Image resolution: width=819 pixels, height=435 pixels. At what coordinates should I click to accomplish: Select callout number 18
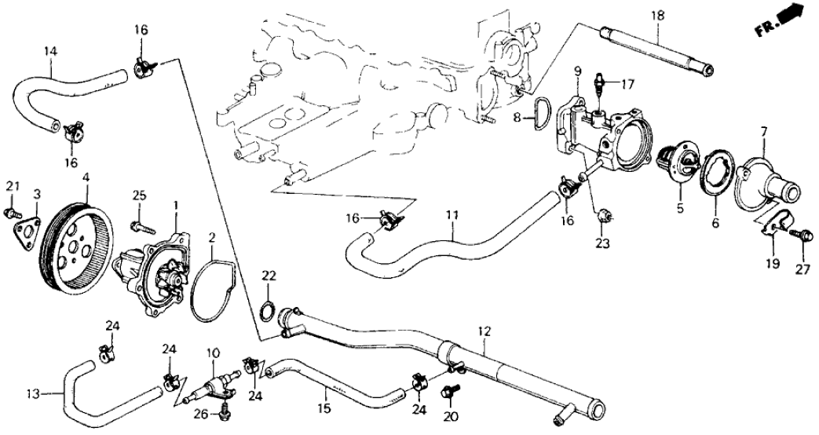[657, 15]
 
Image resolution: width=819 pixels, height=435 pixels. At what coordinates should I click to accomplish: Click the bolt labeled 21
[11, 212]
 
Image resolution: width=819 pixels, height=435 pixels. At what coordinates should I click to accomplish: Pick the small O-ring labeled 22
[267, 309]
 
